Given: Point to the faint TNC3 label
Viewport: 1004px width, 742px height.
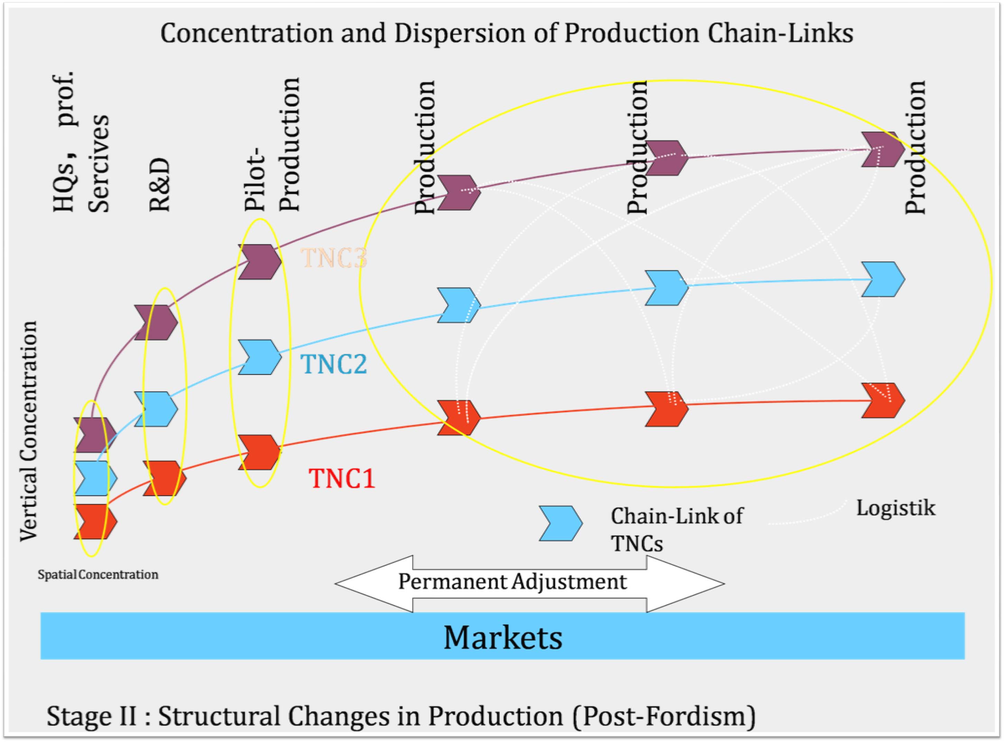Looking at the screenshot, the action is coord(334,258).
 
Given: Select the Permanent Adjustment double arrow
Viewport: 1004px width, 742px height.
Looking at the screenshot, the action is coord(529,584).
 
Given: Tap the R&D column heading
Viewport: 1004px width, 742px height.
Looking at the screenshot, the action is coord(159,185).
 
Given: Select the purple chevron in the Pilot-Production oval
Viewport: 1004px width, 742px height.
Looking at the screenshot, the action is coord(260,262).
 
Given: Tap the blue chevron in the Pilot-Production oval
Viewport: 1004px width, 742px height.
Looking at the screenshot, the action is coord(260,357).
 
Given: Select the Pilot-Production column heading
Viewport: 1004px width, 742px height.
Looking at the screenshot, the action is coord(272,144).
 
